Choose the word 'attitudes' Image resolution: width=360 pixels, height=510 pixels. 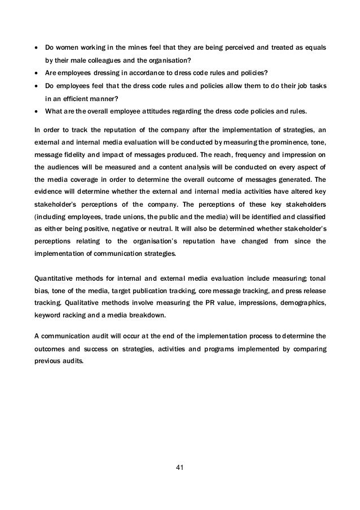pyautogui.click(x=153, y=120)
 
